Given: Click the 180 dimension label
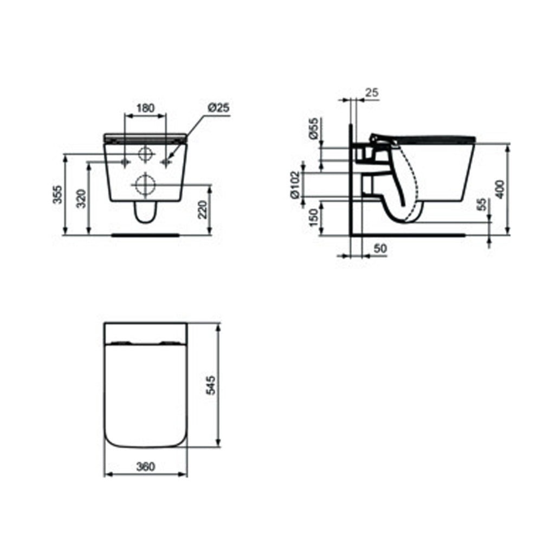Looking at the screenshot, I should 145,108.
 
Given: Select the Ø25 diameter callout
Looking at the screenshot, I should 218,108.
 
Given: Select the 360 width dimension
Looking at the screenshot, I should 145,466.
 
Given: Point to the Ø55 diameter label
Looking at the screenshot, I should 313,128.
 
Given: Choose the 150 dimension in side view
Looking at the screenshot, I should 313,217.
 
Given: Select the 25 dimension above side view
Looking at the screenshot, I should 372,93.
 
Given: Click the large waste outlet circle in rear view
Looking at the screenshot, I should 145,185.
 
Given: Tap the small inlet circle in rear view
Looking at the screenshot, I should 145,154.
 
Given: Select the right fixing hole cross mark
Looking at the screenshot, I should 166,162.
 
